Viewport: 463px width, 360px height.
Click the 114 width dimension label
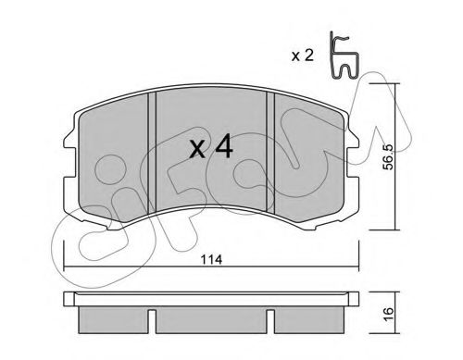[x=211, y=260]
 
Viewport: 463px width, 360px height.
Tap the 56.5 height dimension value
[x=388, y=157]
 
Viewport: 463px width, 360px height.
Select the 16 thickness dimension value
[x=389, y=313]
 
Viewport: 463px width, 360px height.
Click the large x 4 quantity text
[x=211, y=146]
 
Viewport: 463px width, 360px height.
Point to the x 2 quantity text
[x=303, y=56]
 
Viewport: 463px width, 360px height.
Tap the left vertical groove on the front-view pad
[x=152, y=153]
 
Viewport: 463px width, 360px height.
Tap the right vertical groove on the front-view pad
[x=270, y=152]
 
